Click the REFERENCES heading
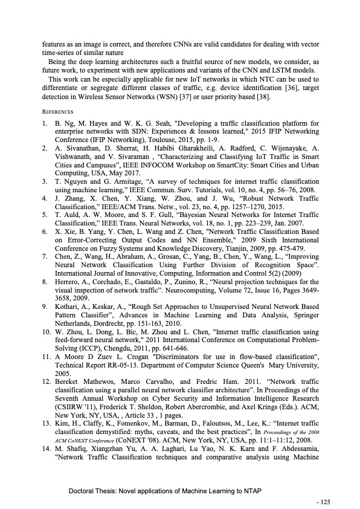tap(57, 112)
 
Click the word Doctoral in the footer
tap(84, 492)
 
